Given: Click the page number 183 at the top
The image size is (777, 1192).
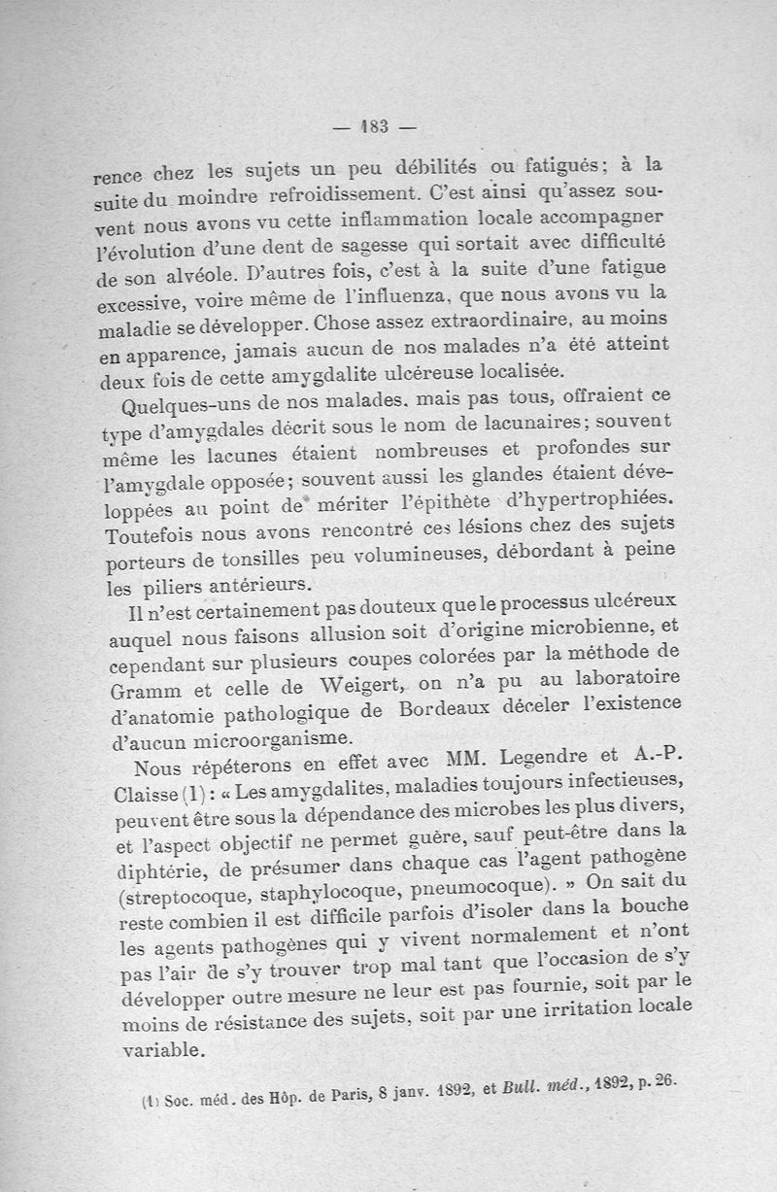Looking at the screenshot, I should click(374, 125).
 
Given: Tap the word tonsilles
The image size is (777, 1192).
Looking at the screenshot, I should click(258, 562).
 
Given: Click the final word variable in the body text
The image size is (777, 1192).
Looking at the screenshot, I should click(164, 1049).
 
